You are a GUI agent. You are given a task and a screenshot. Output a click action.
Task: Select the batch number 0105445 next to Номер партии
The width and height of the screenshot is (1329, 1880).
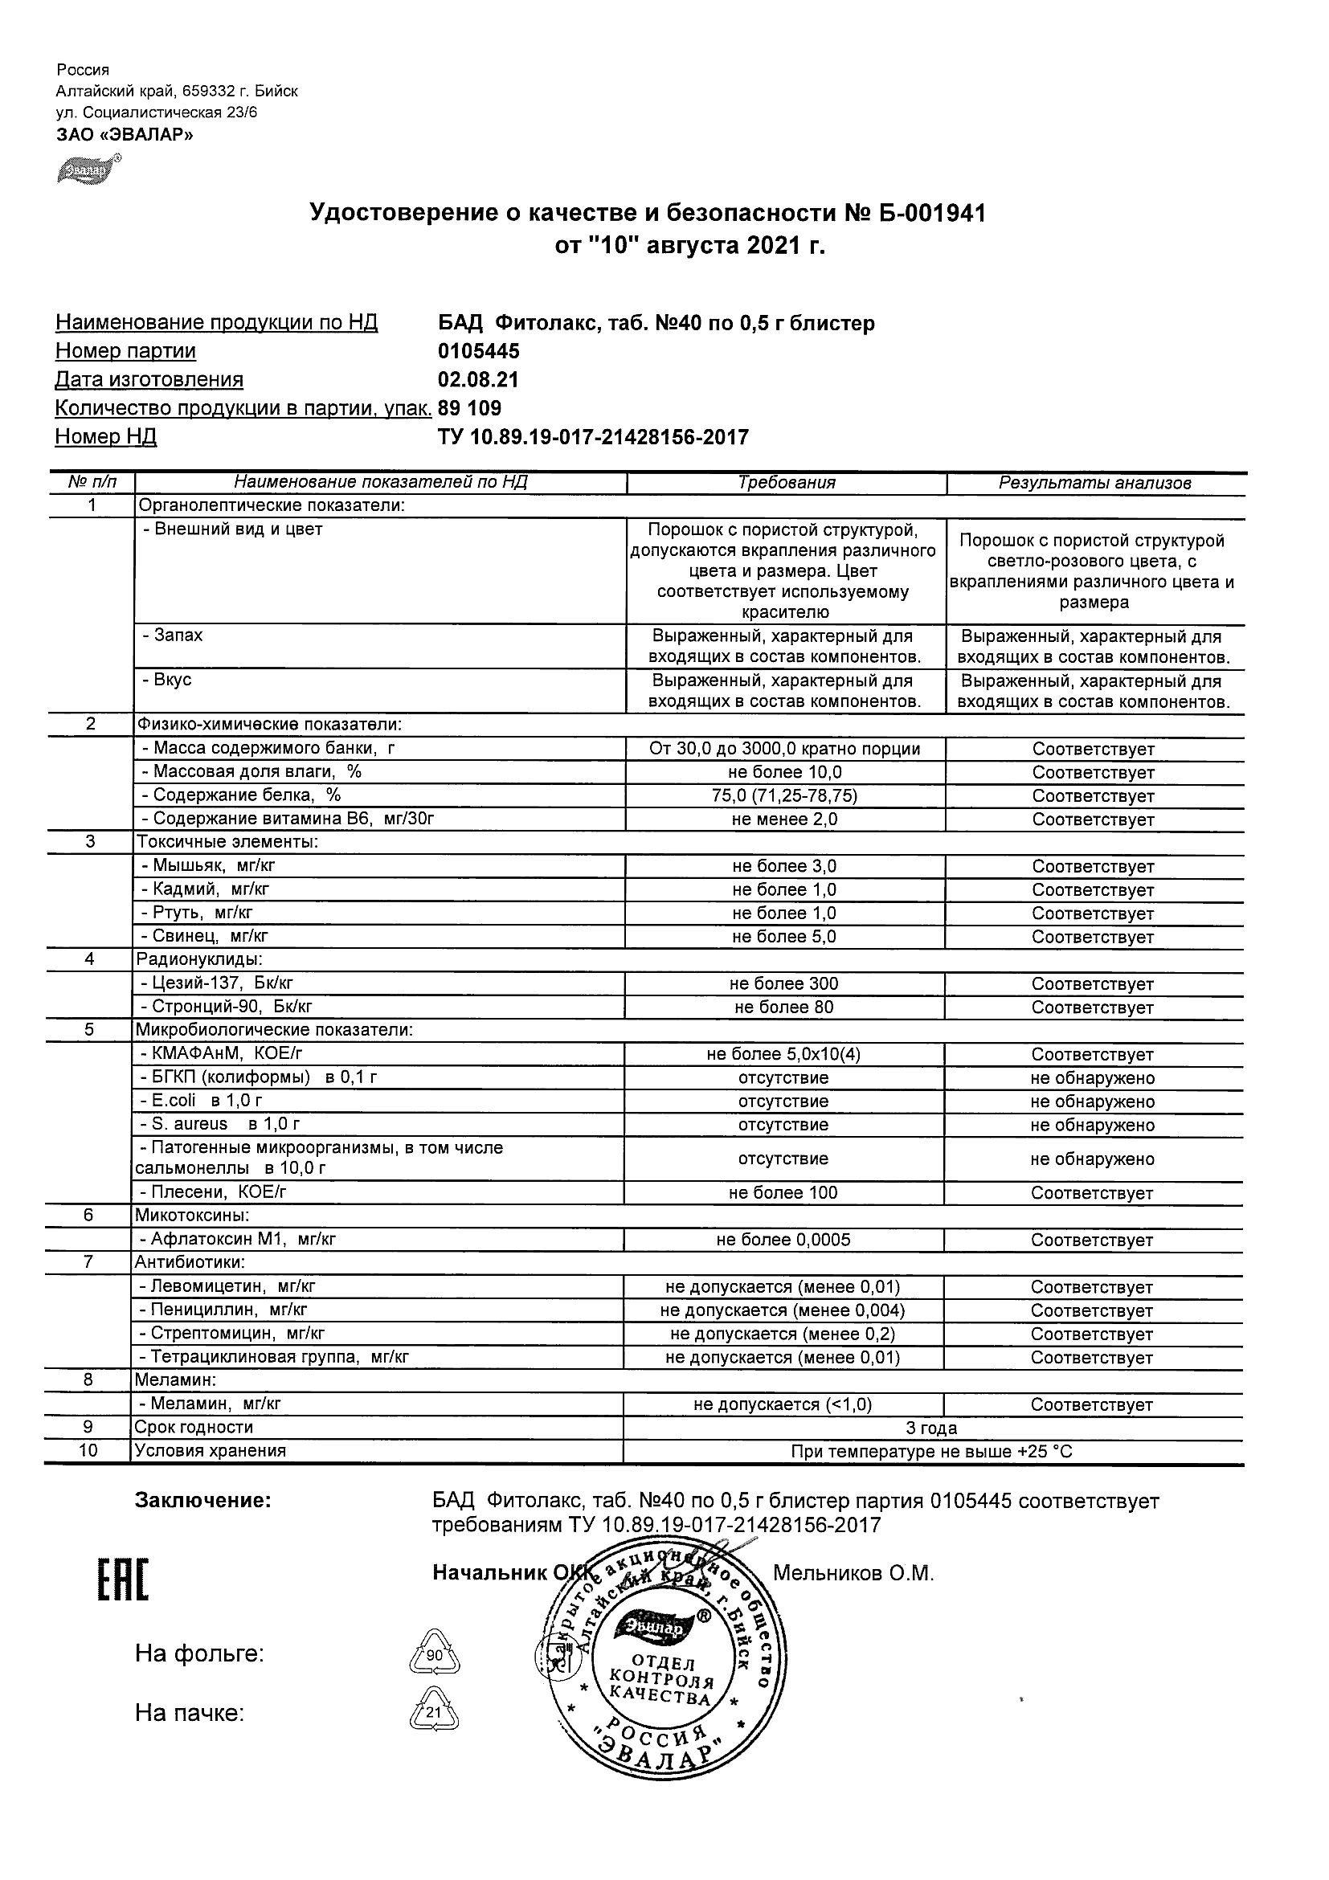(x=478, y=351)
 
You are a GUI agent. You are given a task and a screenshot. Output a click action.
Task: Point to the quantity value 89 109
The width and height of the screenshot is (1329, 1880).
(x=469, y=409)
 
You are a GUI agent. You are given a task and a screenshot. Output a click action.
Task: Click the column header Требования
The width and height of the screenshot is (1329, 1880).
(x=786, y=483)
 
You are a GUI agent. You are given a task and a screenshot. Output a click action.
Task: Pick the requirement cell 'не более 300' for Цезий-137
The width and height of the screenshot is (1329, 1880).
(x=784, y=983)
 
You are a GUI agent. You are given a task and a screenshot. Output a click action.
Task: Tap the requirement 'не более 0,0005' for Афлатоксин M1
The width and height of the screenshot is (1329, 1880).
(x=783, y=1240)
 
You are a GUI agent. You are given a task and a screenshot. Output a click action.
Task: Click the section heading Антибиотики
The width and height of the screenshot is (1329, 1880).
(x=190, y=1262)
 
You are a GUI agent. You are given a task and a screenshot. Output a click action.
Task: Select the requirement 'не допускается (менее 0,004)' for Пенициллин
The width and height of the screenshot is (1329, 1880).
(x=782, y=1310)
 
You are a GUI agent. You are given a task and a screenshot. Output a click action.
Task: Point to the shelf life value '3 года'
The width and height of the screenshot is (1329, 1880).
(x=931, y=1428)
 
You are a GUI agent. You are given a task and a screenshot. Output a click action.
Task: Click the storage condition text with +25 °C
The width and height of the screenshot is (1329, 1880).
(x=931, y=1452)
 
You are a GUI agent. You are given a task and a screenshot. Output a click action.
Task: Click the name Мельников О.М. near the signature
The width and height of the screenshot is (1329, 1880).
(x=853, y=1573)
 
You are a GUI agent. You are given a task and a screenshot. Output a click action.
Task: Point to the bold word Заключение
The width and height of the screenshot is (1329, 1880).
(x=202, y=1500)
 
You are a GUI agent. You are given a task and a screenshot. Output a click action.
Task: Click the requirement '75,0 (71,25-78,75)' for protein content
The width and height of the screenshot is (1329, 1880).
(x=784, y=796)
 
